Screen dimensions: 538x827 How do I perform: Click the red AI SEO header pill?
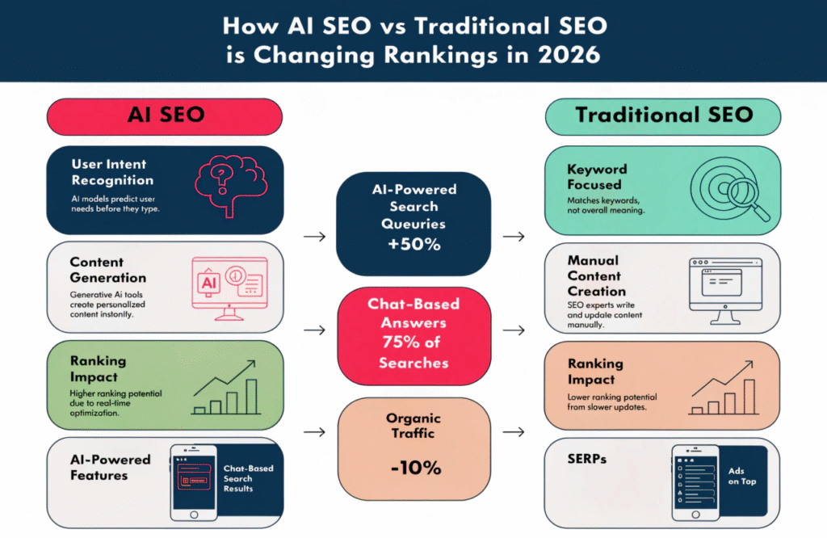[165, 116]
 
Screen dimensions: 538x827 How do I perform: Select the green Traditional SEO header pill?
[663, 116]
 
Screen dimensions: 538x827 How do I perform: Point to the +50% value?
[413, 244]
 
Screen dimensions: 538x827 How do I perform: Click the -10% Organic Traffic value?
[413, 467]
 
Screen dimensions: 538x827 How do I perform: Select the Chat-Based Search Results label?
[248, 478]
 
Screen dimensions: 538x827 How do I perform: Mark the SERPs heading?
[588, 458]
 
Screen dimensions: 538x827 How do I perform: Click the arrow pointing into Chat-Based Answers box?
[317, 330]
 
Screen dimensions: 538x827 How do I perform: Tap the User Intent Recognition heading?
[111, 172]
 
